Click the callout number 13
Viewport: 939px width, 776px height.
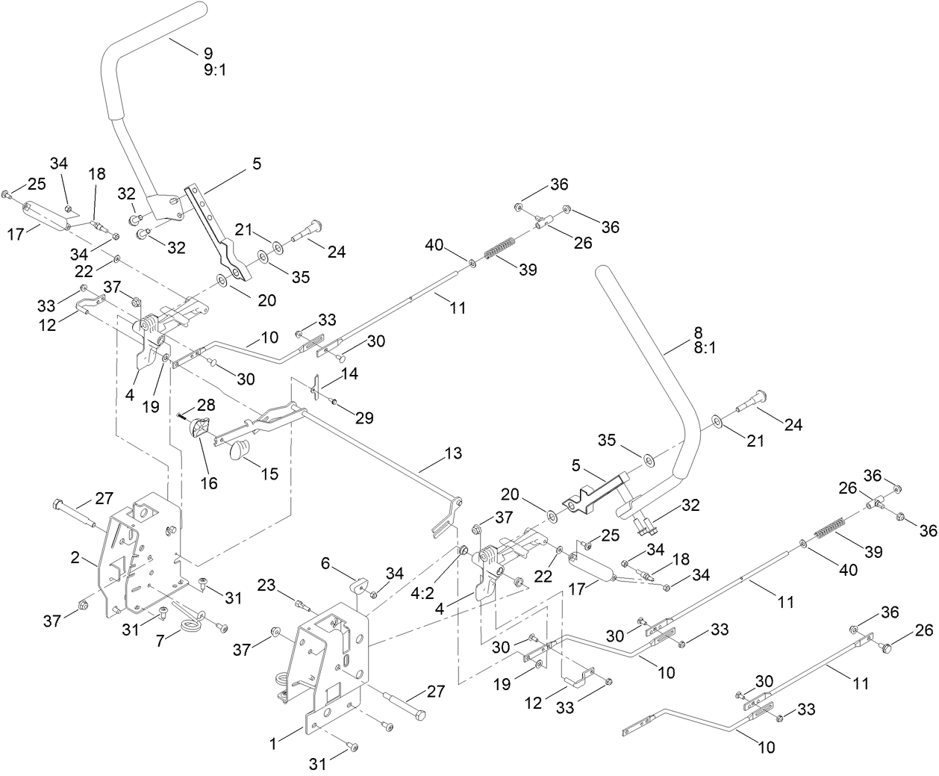452,453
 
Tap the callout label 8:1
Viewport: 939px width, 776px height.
705,347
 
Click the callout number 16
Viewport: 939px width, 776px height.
209,483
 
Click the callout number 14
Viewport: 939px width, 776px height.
349,373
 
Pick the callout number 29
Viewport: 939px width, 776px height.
364,418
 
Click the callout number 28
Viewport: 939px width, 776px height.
206,404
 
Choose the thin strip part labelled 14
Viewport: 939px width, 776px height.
316,388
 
